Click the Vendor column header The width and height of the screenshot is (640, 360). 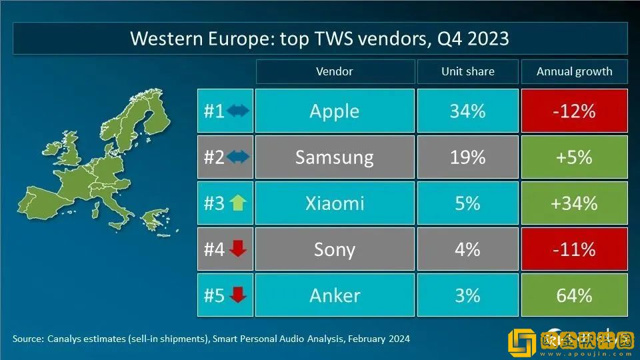(335, 71)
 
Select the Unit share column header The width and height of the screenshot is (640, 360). (467, 71)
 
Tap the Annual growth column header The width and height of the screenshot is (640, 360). (574, 71)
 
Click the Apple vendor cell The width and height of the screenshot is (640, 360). (335, 111)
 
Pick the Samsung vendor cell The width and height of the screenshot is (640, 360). (335, 157)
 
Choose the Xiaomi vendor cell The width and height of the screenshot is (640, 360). (335, 203)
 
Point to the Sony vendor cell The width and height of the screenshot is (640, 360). (335, 249)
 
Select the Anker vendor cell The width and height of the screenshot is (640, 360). (335, 295)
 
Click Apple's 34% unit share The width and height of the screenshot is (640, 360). (467, 111)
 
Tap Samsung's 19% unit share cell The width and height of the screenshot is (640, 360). (467, 157)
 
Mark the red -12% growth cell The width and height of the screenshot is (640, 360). (574, 111)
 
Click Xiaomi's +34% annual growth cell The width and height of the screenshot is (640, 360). (574, 203)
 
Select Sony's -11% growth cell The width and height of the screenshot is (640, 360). (574, 249)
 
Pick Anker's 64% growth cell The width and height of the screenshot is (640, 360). (574, 295)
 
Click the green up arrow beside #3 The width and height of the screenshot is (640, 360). (238, 203)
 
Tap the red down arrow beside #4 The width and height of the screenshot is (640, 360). (238, 249)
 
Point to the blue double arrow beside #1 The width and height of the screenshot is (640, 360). (238, 111)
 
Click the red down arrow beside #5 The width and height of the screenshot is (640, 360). (238, 295)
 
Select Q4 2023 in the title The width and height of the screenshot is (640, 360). (473, 39)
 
